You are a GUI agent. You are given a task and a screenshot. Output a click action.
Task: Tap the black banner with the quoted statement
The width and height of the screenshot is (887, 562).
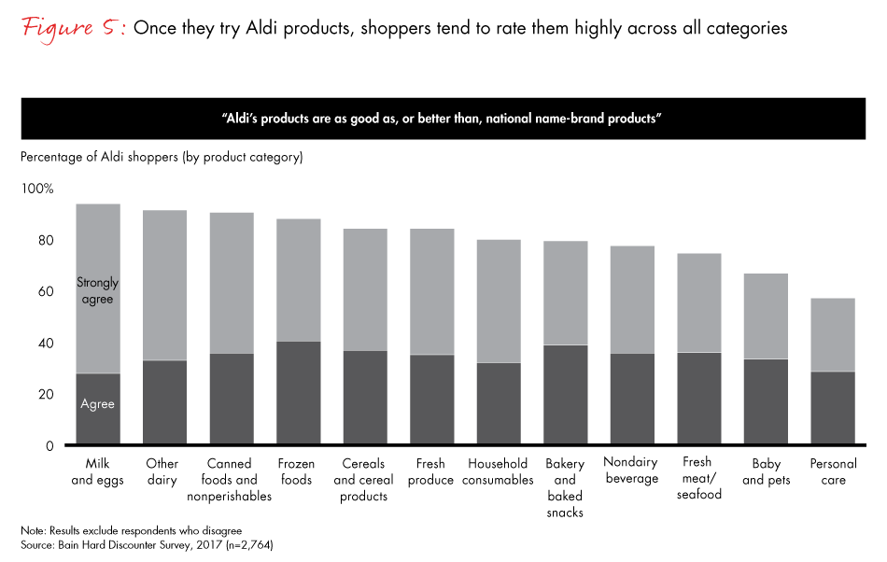443,119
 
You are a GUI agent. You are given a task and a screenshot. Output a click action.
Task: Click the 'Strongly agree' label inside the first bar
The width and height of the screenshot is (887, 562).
97,290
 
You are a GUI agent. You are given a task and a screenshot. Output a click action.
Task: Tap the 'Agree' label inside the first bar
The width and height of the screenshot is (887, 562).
97,404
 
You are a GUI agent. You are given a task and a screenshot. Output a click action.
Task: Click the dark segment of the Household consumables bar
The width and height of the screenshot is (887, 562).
499,404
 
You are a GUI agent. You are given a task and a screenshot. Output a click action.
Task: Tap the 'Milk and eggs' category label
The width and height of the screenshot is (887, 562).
97,471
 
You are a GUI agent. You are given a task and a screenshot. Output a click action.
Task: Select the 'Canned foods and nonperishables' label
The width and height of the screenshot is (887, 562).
231,480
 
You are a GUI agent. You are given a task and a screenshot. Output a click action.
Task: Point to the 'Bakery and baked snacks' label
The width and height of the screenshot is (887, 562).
565,487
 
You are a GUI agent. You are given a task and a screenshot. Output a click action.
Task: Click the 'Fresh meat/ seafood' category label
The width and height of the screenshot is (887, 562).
699,478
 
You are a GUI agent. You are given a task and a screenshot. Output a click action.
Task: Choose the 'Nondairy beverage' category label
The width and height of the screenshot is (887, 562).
632,471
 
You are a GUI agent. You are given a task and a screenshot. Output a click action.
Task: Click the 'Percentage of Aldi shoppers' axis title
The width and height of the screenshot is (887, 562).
162,157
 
